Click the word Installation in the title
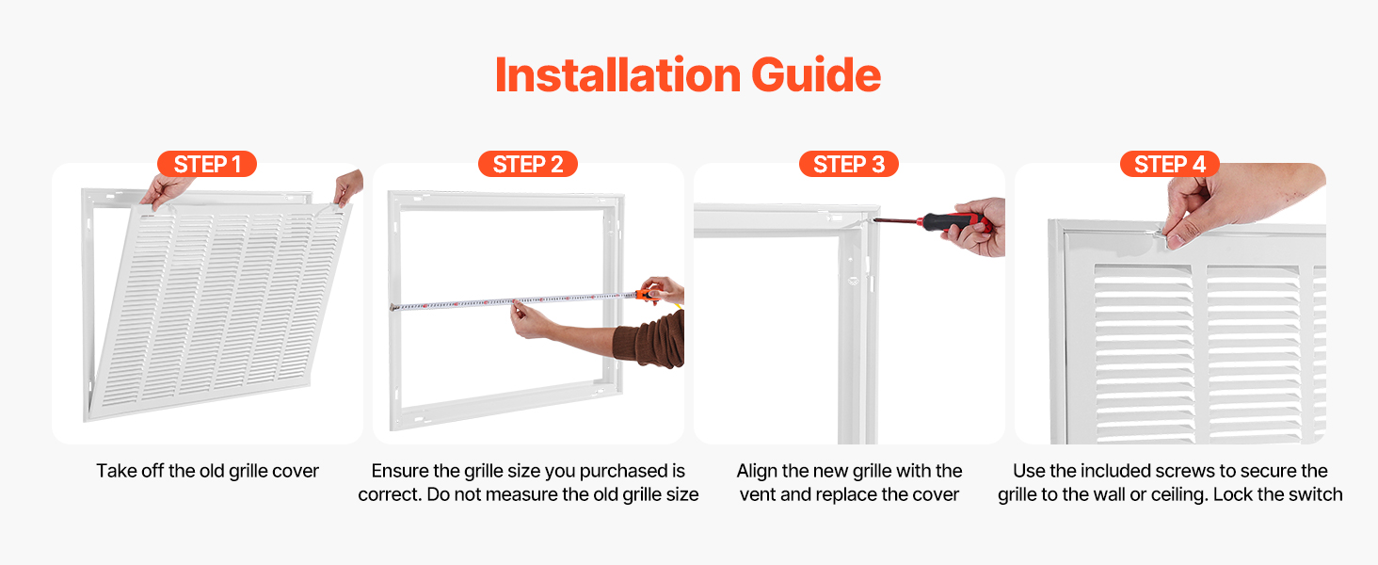pos(617,75)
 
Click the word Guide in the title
pos(816,75)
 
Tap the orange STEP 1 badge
pos(207,165)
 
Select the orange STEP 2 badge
pos(528,165)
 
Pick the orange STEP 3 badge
pos(849,165)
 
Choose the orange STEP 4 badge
pos(1169,165)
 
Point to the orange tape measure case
pos(647,294)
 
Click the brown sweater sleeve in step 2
pos(650,339)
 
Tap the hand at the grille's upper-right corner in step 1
pos(348,186)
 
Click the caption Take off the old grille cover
pos(207,471)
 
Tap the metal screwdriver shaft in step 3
pos(894,219)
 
